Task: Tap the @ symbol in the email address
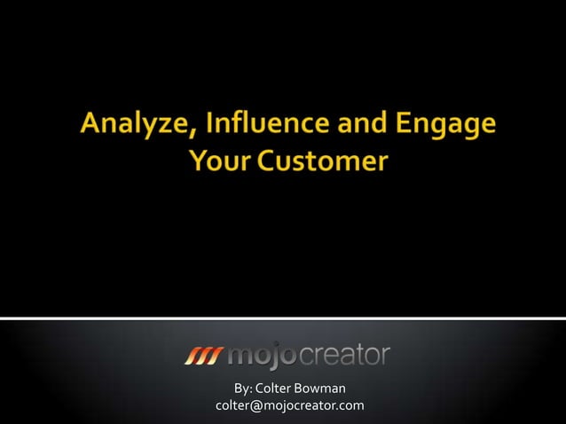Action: tap(254, 406)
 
